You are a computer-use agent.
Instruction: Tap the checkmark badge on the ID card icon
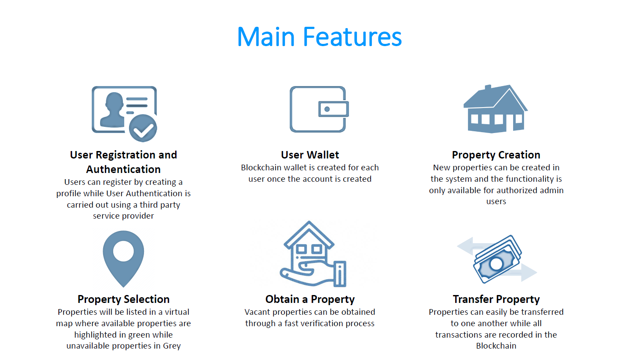(x=143, y=128)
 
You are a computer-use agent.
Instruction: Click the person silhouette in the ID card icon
(x=112, y=110)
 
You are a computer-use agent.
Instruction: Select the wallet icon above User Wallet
(x=319, y=109)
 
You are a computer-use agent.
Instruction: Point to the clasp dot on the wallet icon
(x=327, y=109)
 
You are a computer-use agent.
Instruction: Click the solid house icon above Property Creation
(x=496, y=109)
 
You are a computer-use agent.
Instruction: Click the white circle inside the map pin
(x=123, y=251)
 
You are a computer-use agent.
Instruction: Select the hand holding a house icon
(x=313, y=254)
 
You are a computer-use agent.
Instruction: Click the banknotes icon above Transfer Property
(x=497, y=259)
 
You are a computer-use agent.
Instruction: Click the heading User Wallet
(x=310, y=155)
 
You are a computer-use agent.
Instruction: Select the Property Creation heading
(x=496, y=155)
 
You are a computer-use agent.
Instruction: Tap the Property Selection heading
(x=123, y=299)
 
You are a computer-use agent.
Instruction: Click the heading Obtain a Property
(x=310, y=299)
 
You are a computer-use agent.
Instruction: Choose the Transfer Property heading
(x=496, y=299)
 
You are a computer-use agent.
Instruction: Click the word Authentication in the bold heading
(x=123, y=169)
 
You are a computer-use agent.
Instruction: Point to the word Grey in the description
(x=172, y=346)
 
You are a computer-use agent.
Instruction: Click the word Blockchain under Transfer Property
(x=496, y=346)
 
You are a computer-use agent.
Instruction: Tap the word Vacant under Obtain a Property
(x=257, y=312)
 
